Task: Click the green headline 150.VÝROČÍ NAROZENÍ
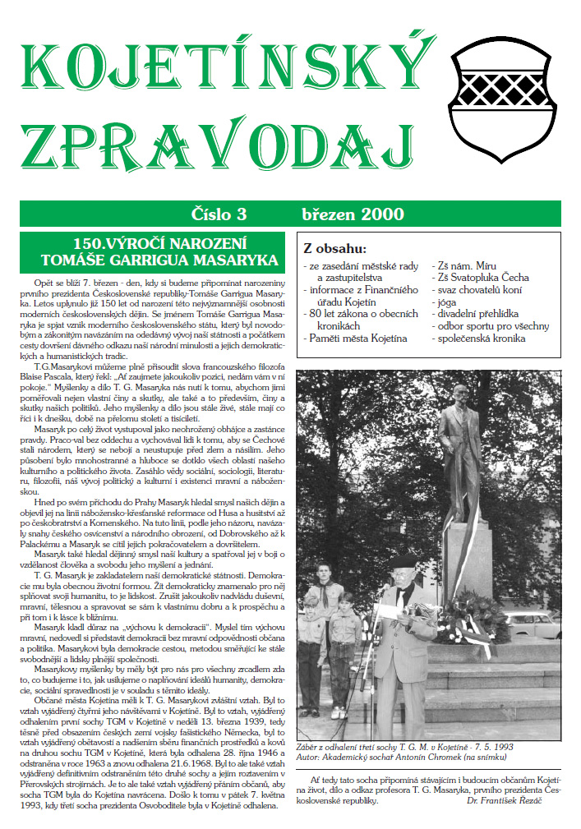tap(154, 245)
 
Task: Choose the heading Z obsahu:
tap(334, 249)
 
